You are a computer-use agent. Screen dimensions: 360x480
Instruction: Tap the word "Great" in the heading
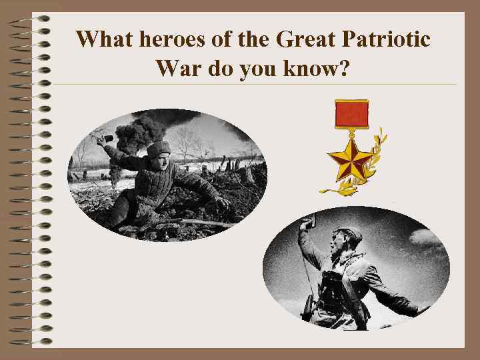tap(305, 40)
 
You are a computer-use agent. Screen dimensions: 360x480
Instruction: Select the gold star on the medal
tap(351, 159)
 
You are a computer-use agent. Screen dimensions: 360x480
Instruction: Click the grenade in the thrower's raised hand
tap(101, 140)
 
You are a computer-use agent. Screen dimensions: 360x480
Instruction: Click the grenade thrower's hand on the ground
tap(221, 201)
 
